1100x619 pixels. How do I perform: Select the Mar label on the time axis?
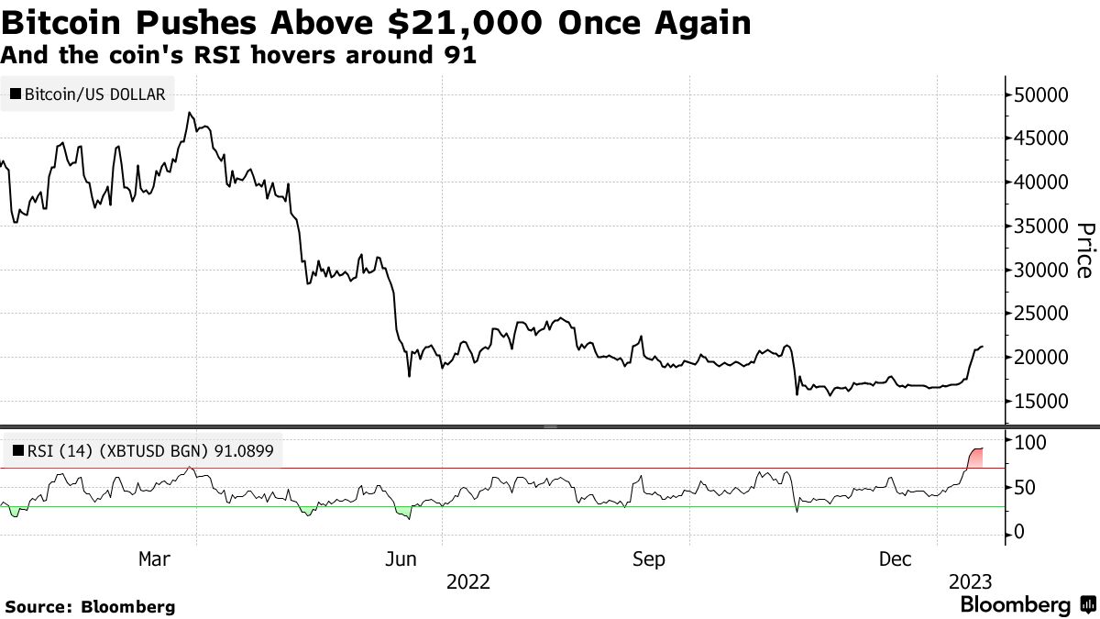click(x=153, y=558)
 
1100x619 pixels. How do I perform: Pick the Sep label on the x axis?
click(x=649, y=558)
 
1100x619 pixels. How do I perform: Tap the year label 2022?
click(x=467, y=581)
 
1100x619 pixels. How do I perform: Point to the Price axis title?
click(x=1083, y=249)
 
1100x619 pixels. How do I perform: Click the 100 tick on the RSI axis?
click(x=1028, y=441)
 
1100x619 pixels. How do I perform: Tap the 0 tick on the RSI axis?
click(x=1017, y=533)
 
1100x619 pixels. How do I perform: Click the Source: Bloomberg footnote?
click(x=90, y=606)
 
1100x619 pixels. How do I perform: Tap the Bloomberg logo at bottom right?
click(x=1026, y=605)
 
